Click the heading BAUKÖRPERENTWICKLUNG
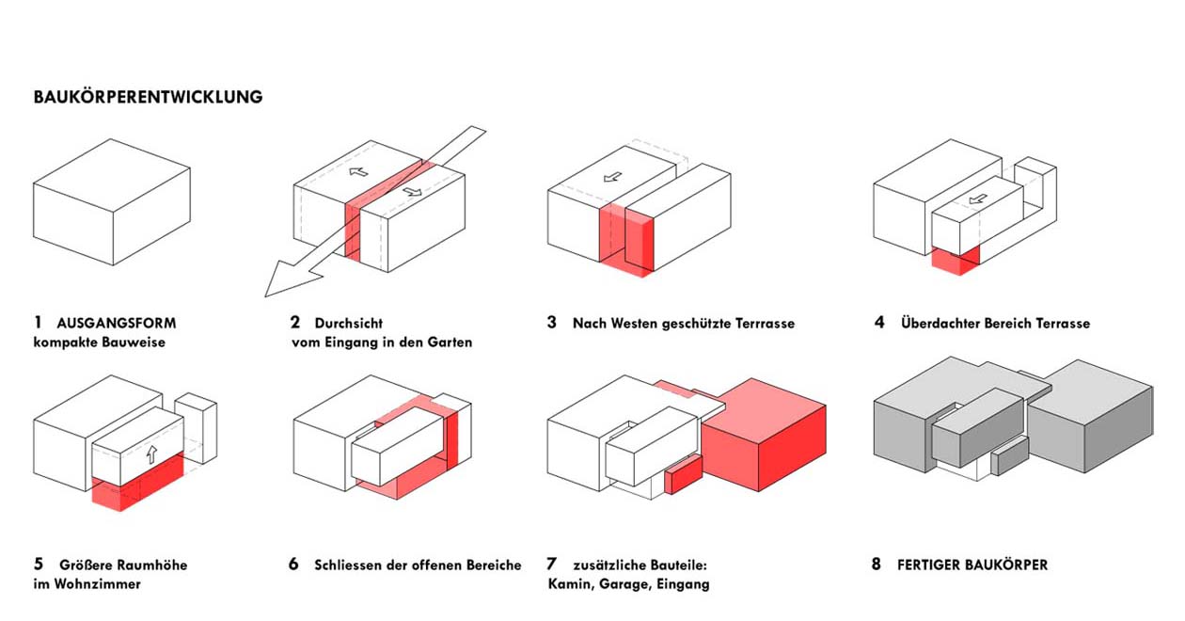[x=148, y=97]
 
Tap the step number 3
[x=551, y=323]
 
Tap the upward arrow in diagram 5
[x=150, y=454]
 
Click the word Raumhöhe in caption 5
[x=153, y=565]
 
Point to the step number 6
[x=293, y=565]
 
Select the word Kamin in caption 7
[x=571, y=584]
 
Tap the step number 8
[x=877, y=565]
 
